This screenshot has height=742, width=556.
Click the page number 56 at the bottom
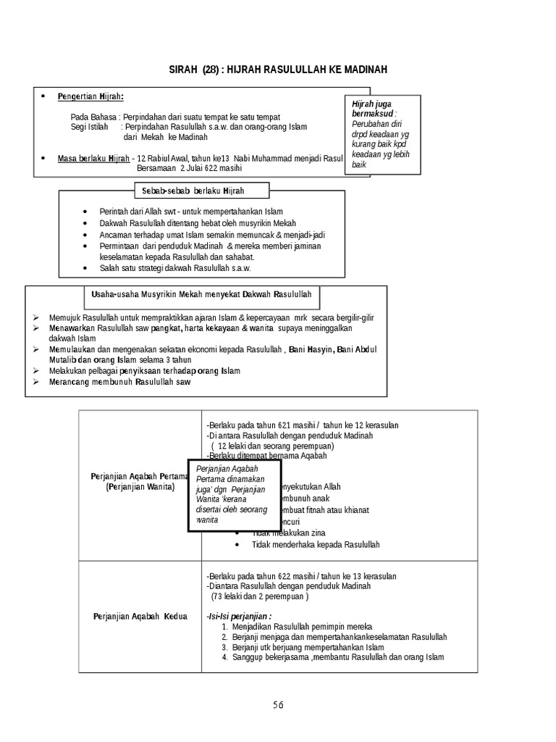tap(279, 704)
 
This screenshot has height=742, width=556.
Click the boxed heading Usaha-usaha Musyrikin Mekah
tap(202, 294)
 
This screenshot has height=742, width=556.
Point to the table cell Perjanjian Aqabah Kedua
tap(140, 617)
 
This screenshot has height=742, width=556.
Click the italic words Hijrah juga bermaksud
tap(374, 109)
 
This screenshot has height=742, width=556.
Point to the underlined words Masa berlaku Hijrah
tap(93, 158)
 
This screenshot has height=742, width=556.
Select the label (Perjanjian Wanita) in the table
tap(140, 488)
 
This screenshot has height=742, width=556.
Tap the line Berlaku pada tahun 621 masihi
tap(302, 425)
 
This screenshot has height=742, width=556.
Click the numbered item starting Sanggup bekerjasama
tap(338, 657)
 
